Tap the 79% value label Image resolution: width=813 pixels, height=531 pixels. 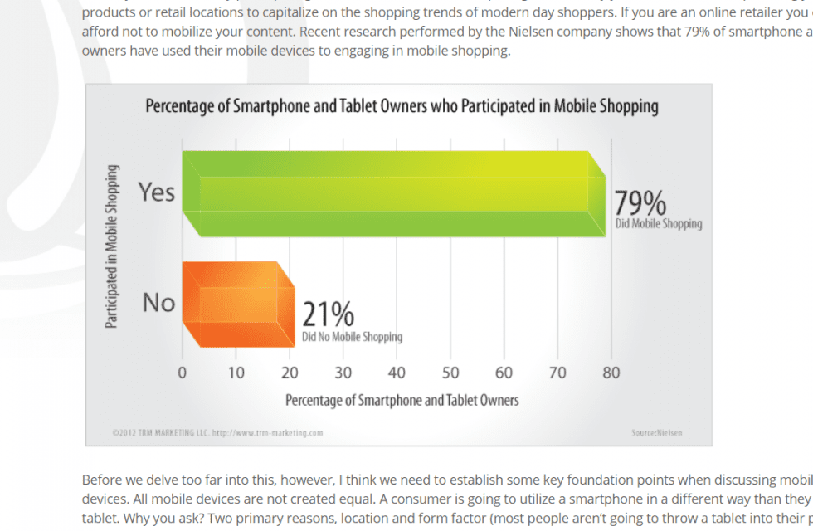click(640, 203)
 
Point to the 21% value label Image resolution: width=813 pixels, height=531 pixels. click(328, 315)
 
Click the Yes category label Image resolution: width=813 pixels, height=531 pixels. click(157, 192)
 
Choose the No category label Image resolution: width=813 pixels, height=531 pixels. click(158, 303)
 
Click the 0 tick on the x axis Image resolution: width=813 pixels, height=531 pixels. click(183, 373)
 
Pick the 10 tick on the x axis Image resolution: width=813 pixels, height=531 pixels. click(236, 373)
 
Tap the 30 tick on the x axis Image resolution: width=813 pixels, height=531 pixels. click(343, 373)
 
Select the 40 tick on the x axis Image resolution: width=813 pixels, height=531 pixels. click(397, 373)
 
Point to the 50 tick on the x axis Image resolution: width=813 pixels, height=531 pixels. click(450, 373)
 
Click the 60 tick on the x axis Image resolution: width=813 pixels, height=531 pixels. click(504, 373)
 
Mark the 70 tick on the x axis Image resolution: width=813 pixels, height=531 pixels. click(557, 373)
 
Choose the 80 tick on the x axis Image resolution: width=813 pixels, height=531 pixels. click(611, 373)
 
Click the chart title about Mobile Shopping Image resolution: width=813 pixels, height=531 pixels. click(402, 106)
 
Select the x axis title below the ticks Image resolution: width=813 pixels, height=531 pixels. click(402, 400)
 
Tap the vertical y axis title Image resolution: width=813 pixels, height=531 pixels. click(111, 246)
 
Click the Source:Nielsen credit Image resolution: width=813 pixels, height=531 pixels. click(656, 432)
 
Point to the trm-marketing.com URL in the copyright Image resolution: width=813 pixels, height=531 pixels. click(267, 432)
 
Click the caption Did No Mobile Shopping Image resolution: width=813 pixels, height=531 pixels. click(352, 337)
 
